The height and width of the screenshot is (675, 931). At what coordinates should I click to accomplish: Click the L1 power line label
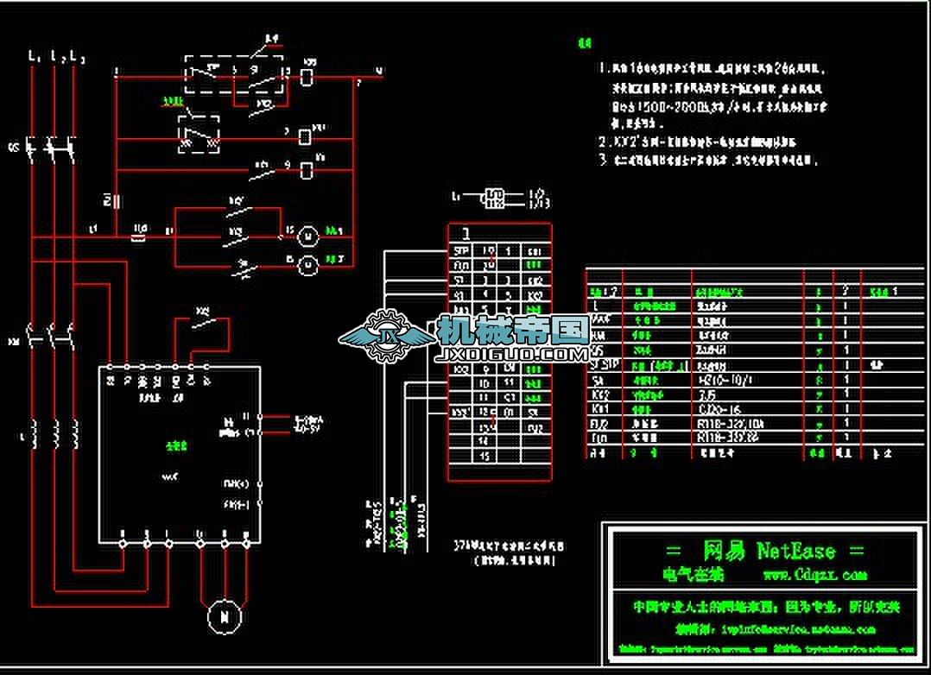[34, 57]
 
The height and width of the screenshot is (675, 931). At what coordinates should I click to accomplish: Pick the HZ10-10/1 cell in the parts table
[721, 379]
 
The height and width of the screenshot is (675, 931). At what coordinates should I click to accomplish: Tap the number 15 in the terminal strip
[485, 455]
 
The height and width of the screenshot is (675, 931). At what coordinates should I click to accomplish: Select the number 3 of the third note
[602, 160]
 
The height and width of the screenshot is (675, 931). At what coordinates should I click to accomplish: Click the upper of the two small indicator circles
[307, 234]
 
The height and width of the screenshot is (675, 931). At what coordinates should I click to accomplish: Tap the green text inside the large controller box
[176, 445]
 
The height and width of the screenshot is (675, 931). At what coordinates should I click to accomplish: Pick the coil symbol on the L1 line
[34, 432]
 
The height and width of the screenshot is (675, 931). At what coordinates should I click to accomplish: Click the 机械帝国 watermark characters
[513, 329]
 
